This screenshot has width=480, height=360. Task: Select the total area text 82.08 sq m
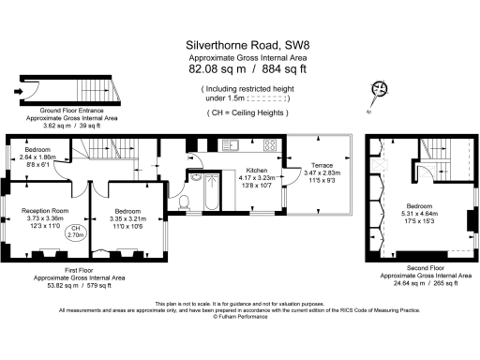coord(213,69)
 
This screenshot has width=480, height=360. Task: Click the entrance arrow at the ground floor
coord(20,92)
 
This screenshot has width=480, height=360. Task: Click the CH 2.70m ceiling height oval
coord(76,233)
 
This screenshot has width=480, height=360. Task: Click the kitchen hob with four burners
coord(269,145)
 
